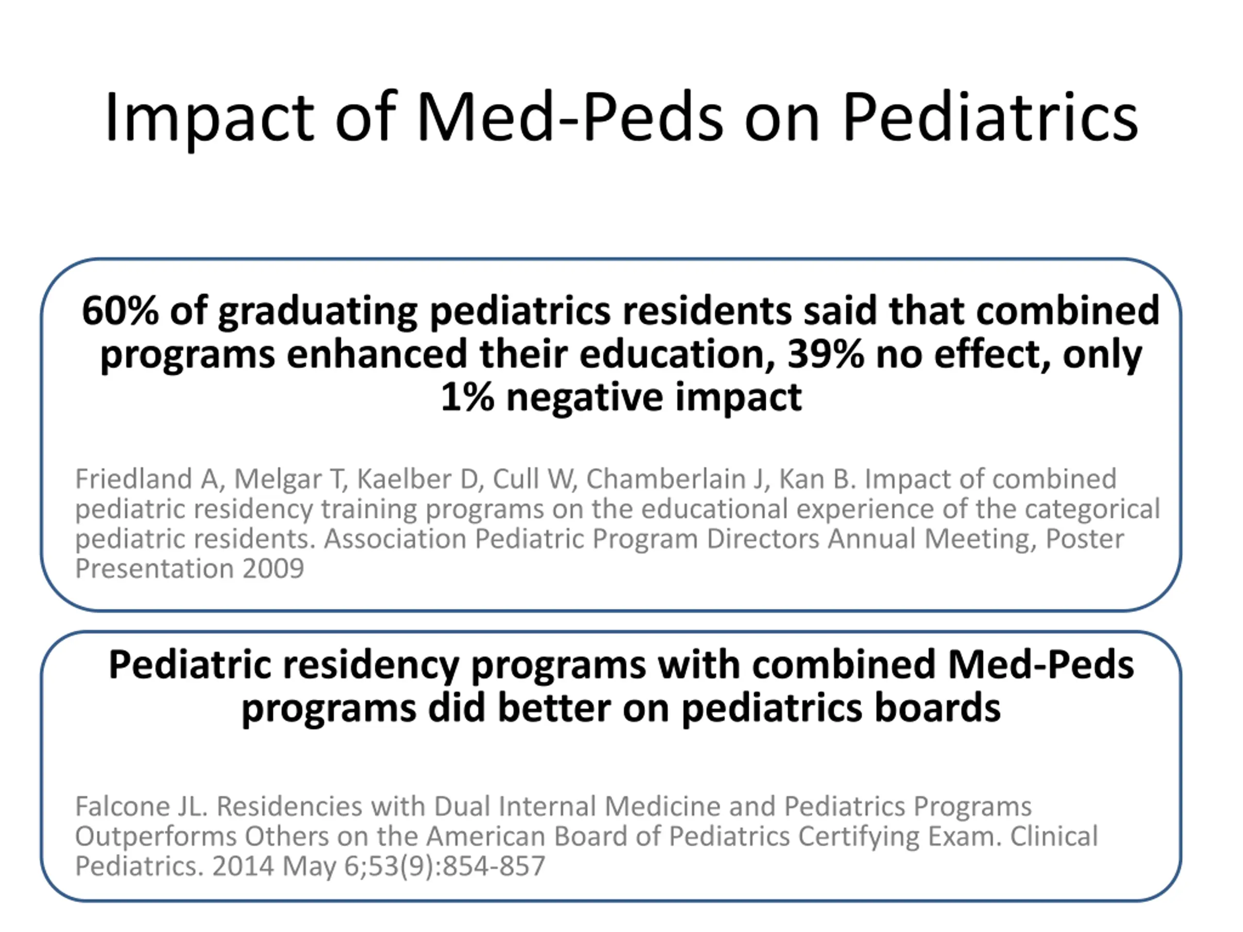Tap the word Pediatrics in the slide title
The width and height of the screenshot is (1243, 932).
tap(990, 117)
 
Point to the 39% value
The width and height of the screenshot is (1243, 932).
tap(825, 354)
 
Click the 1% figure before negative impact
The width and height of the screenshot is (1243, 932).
tap(468, 397)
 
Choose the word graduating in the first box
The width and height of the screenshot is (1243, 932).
tap(318, 312)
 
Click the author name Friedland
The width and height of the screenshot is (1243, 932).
tap(134, 479)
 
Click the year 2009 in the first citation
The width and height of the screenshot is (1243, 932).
tap(273, 568)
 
